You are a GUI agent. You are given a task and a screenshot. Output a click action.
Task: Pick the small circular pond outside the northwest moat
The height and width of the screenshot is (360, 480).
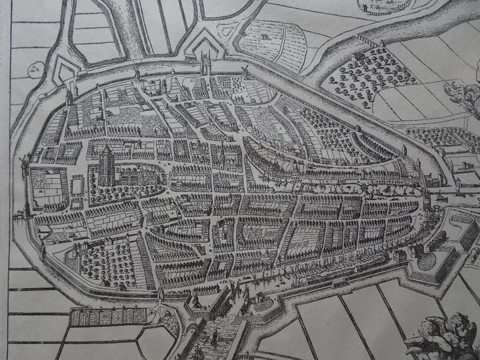(x=35, y=69)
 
